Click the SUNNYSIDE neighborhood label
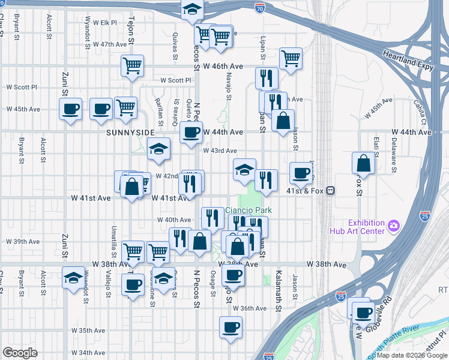click(x=130, y=132)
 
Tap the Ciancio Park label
click(x=249, y=210)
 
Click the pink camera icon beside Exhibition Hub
click(x=394, y=226)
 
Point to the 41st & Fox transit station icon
click(x=330, y=191)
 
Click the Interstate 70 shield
click(x=259, y=8)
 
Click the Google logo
click(x=20, y=353)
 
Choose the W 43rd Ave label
click(x=220, y=151)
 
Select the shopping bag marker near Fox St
click(x=364, y=163)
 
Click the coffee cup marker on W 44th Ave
click(x=191, y=133)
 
